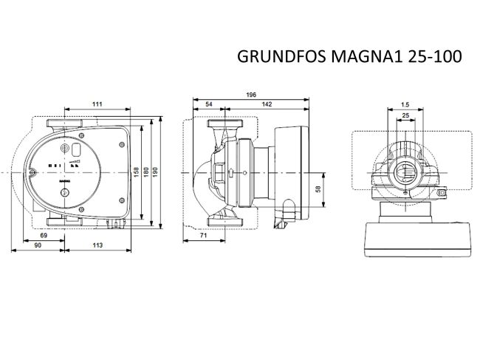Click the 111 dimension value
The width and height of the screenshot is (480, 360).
pyautogui.click(x=97, y=104)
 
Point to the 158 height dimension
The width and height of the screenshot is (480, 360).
pyautogui.click(x=135, y=171)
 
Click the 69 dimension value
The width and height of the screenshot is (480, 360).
pyautogui.click(x=44, y=235)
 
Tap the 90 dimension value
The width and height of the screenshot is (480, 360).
pyautogui.click(x=36, y=245)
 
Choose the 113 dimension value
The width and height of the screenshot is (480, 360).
pyautogui.click(x=97, y=245)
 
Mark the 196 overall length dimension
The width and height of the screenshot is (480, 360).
pyautogui.click(x=251, y=95)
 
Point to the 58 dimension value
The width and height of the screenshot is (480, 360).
pyautogui.click(x=318, y=189)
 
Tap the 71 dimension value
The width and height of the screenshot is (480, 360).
pyautogui.click(x=202, y=235)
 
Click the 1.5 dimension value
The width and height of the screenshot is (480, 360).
pyautogui.click(x=405, y=105)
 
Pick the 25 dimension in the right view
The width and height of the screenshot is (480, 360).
pyautogui.click(x=405, y=116)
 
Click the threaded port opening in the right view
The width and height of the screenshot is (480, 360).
pyautogui.click(x=405, y=175)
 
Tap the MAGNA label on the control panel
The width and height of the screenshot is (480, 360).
pyautogui.click(x=64, y=180)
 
